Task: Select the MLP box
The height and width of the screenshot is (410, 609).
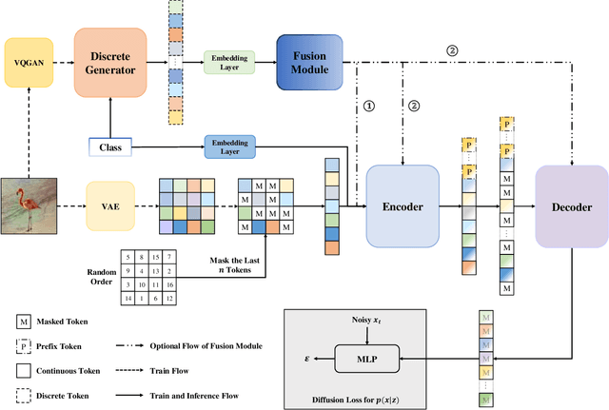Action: (367, 359)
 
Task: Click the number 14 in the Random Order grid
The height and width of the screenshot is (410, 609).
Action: (125, 298)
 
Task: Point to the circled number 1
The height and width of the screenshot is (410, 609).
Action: (370, 106)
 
